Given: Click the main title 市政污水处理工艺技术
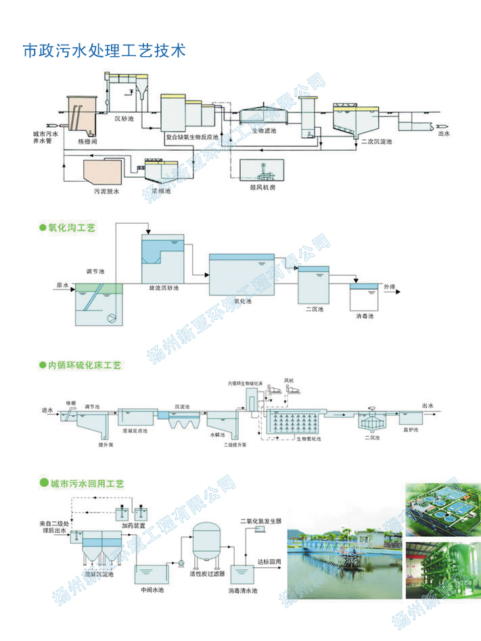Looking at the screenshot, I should pos(104,51).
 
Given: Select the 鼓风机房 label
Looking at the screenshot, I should pos(262,187).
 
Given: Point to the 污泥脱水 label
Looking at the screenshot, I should pos(106,192).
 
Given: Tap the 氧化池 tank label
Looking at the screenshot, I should pos(242,301).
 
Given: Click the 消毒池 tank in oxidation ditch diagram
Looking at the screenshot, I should pos(364,297).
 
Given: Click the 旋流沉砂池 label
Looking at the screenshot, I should pos(164,288).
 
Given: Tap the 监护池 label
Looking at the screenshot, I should pos(411,430).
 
